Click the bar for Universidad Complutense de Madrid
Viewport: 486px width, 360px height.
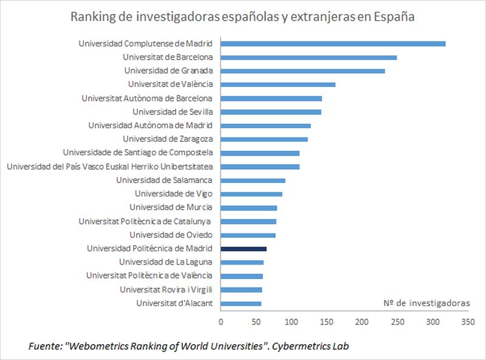click(x=333, y=43)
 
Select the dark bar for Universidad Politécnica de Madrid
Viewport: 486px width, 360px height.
click(x=244, y=249)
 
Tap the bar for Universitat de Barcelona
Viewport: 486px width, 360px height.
click(x=309, y=57)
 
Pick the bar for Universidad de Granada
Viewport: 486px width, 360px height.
click(x=303, y=71)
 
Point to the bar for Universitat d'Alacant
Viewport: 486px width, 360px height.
click(x=241, y=303)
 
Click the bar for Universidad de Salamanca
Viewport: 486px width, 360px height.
click(x=253, y=180)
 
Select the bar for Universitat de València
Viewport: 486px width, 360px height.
click(x=278, y=85)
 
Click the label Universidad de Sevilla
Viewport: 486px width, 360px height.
click(x=172, y=111)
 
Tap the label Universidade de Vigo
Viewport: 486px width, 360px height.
click(x=173, y=193)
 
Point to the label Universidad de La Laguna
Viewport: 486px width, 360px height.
click(x=165, y=262)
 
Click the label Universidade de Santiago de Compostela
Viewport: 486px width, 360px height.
click(x=137, y=153)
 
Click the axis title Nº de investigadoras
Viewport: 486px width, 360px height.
click(x=426, y=303)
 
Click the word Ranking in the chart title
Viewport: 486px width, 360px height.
click(x=92, y=17)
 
